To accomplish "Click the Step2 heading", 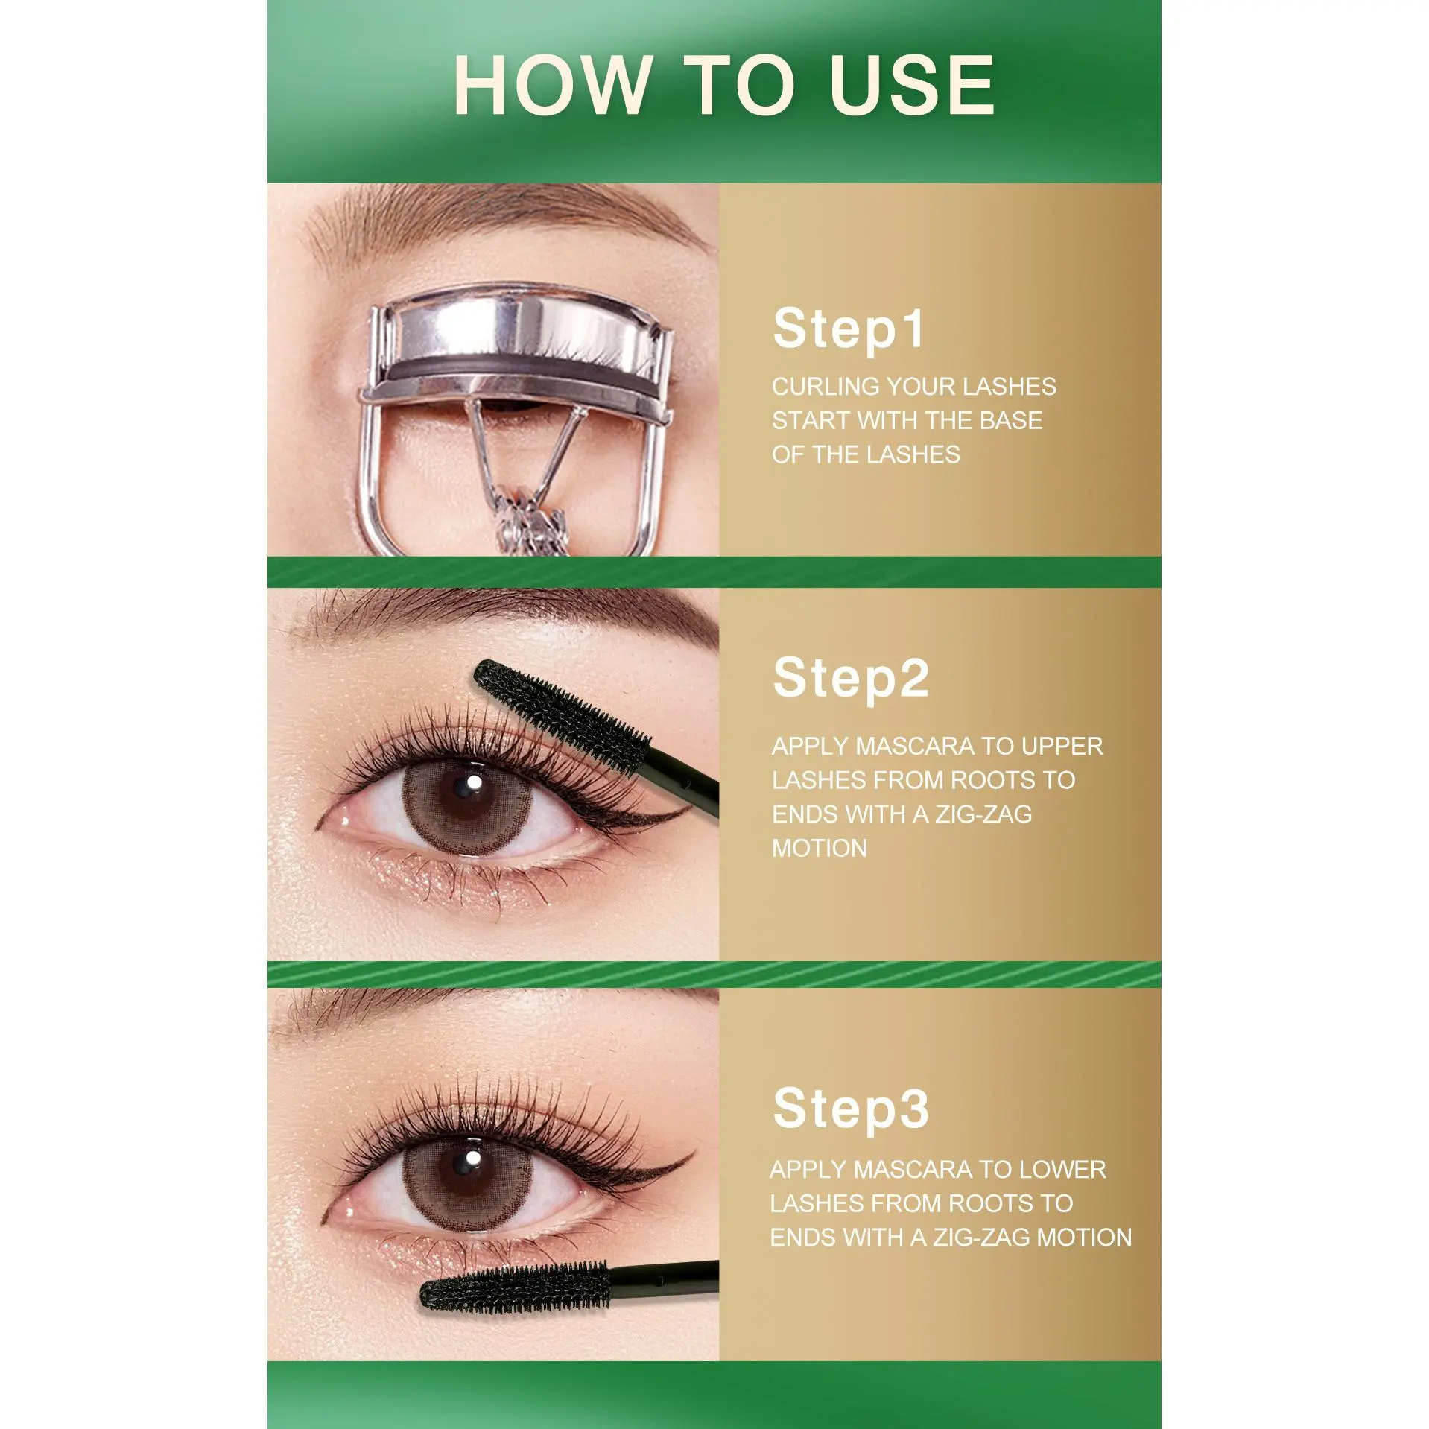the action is click(x=851, y=677).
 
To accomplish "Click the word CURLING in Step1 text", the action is click(x=826, y=387).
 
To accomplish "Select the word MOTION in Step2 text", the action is click(x=819, y=849).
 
